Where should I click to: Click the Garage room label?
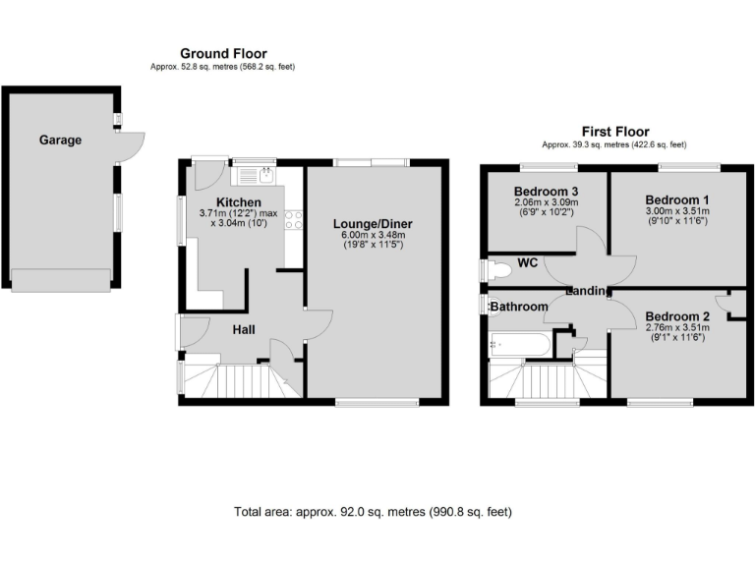60,140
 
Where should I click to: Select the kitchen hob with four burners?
292,221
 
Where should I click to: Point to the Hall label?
245,329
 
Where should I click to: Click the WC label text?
527,262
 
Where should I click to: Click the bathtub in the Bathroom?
520,345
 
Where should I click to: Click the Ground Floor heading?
223,53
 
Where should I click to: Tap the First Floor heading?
615,131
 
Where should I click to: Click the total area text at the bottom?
373,512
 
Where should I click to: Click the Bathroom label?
519,308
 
